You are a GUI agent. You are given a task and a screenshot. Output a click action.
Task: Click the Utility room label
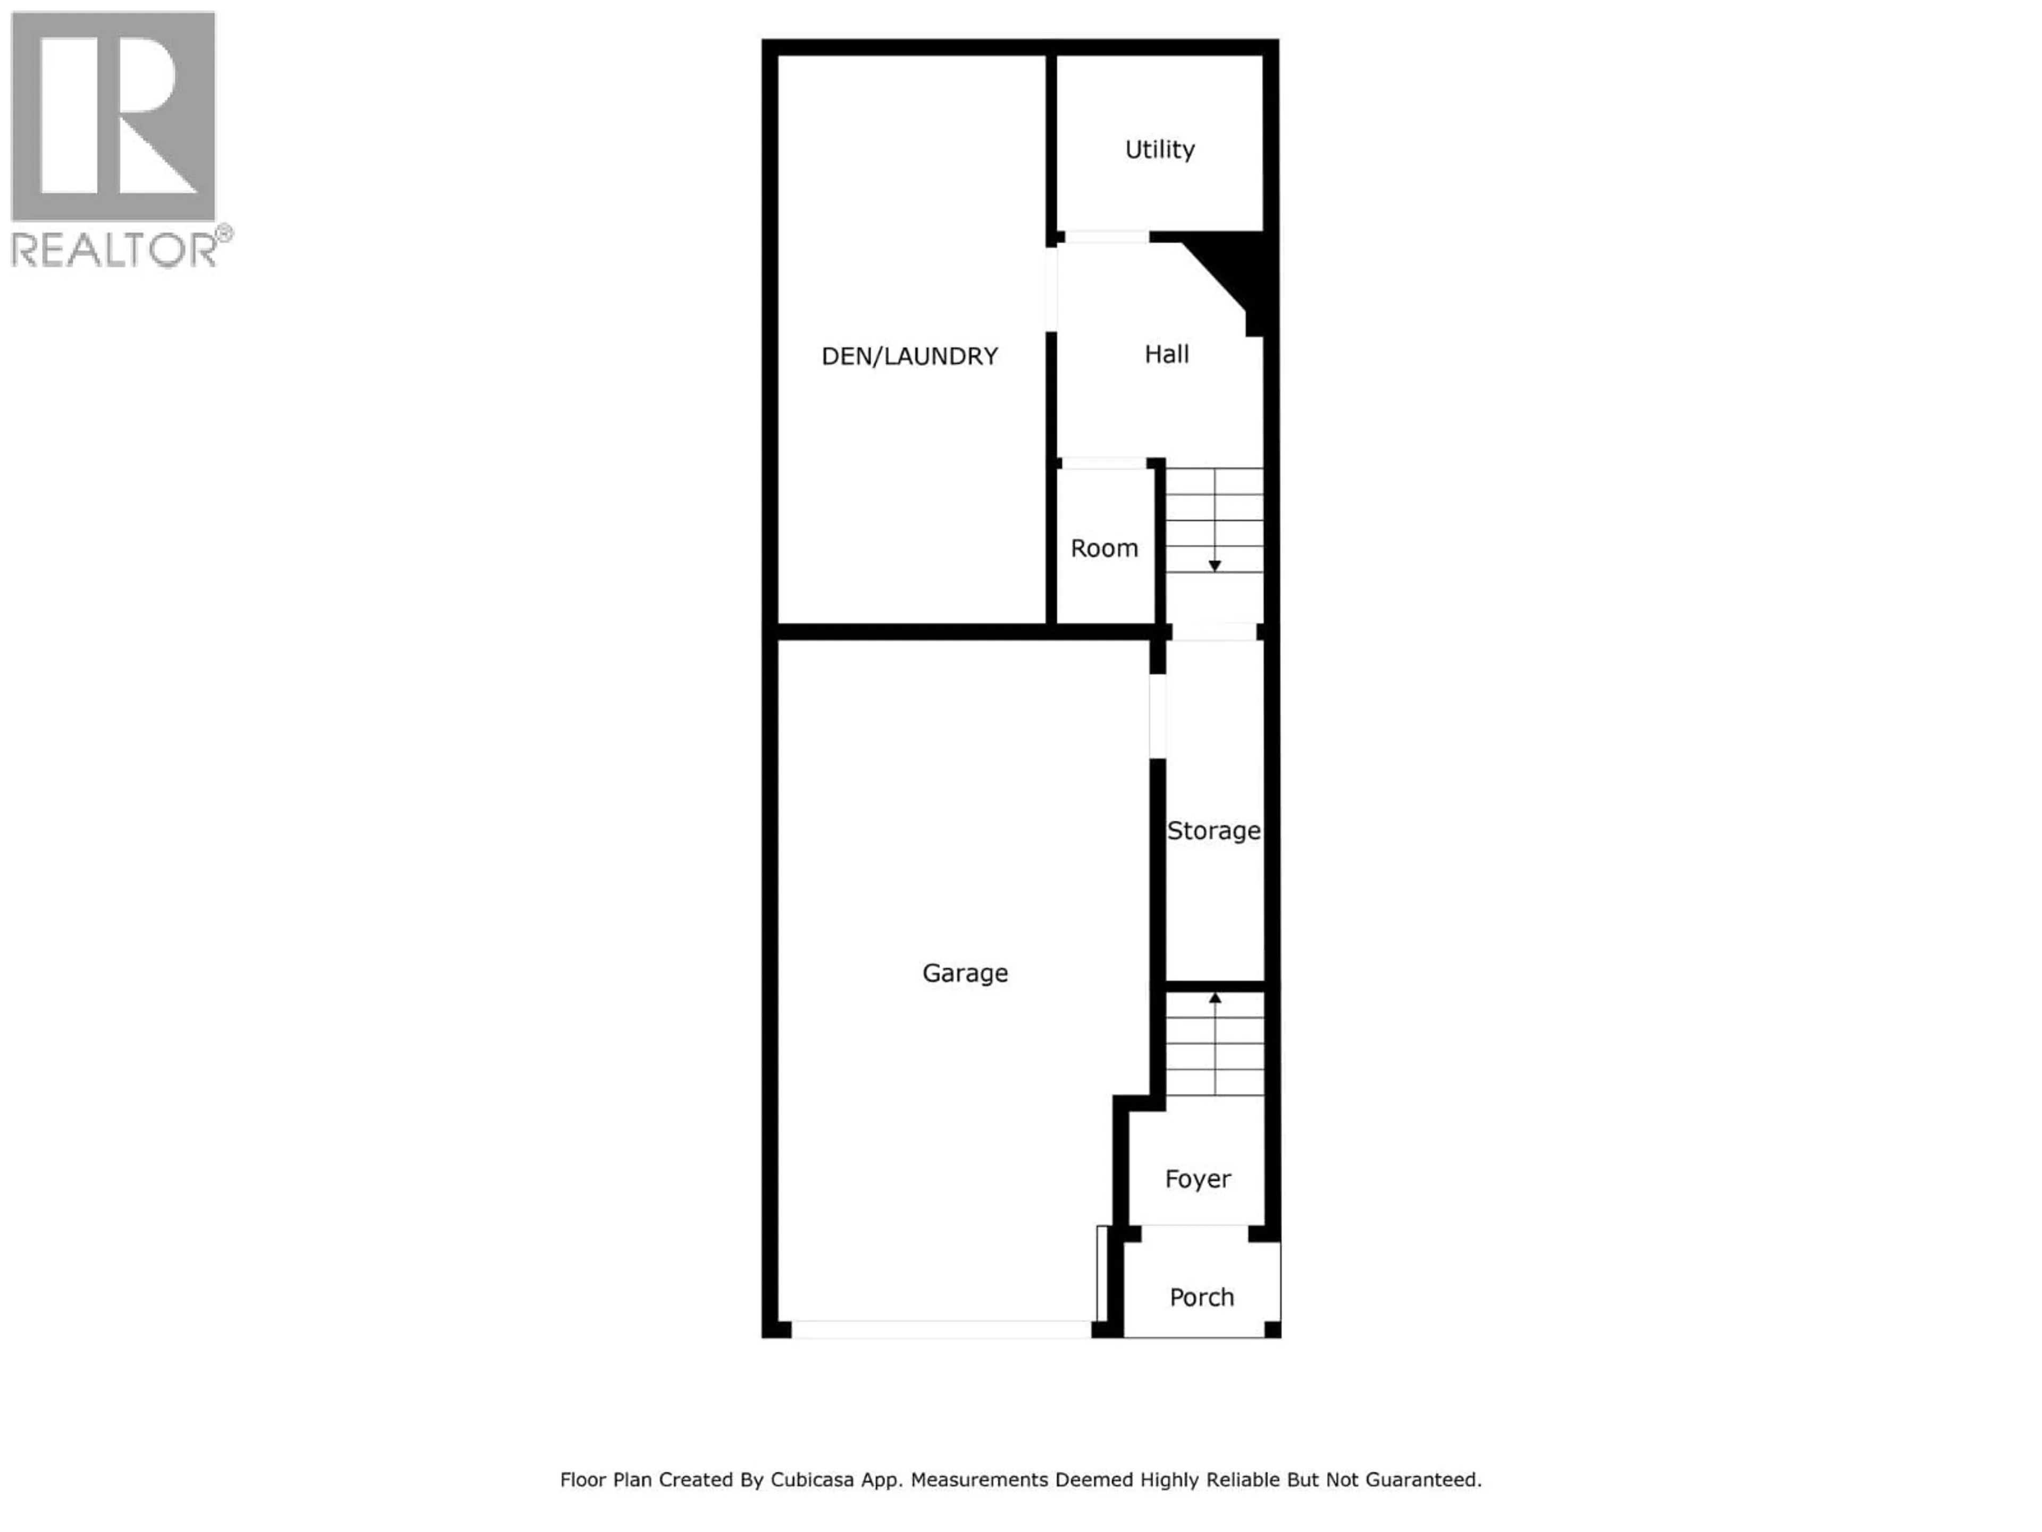click(x=1159, y=149)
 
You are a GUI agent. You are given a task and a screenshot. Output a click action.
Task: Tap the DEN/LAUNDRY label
click(x=909, y=356)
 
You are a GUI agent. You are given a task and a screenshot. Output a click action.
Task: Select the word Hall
click(x=1166, y=355)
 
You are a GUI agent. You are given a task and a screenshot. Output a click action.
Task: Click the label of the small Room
click(x=1104, y=548)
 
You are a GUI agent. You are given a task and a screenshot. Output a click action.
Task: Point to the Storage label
click(x=1213, y=831)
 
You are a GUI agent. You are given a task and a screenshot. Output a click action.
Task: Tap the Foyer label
click(x=1198, y=1179)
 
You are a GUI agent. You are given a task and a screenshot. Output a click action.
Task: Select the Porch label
click(x=1201, y=1297)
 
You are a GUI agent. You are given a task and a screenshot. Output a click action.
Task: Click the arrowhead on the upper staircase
click(x=1215, y=565)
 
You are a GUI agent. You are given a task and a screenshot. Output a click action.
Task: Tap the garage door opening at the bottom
click(x=941, y=1330)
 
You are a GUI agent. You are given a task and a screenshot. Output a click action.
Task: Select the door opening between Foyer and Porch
click(x=1194, y=1234)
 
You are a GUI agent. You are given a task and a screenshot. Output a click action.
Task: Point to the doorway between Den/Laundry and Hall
click(x=1051, y=289)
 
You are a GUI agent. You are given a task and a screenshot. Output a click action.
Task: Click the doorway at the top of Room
click(x=1104, y=463)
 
